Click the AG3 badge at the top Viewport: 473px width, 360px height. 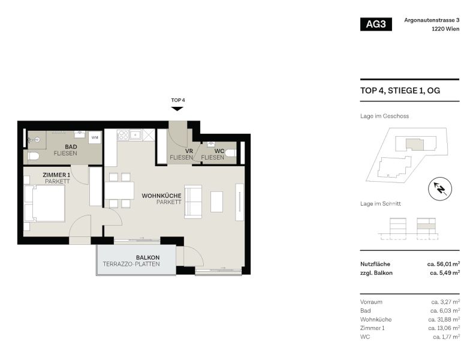coord(376,25)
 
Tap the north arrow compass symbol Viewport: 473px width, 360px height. coord(439,190)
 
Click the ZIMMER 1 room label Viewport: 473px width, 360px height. coord(57,175)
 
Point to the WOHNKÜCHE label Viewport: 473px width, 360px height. coord(161,196)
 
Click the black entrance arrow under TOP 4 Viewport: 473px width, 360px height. coord(177,109)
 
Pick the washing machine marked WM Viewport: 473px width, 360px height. coord(94,137)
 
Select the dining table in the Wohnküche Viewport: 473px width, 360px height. coord(120,190)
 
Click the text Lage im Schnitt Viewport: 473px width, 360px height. coord(381,204)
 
